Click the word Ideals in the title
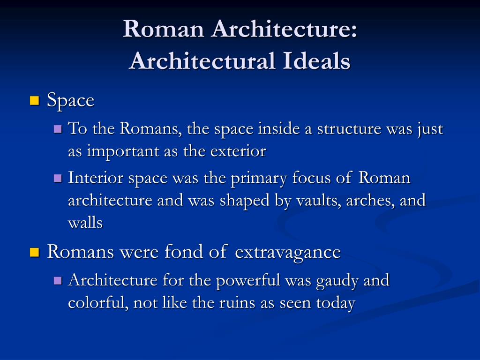(316, 60)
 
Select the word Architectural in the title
(202, 60)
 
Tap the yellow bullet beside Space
(35, 101)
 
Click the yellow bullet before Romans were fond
(35, 252)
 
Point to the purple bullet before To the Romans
(58, 128)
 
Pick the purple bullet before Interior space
(58, 178)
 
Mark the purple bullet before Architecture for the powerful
(58, 280)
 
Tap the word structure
(349, 128)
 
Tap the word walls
(85, 223)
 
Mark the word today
(336, 304)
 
